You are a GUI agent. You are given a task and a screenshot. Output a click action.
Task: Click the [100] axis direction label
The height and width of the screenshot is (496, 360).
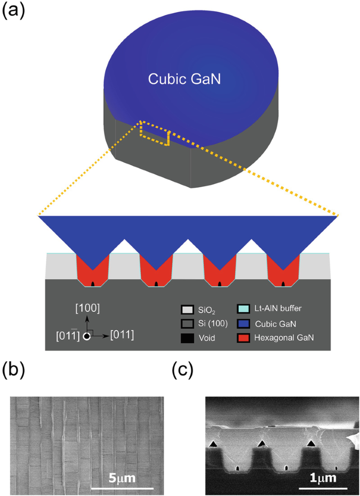(88, 308)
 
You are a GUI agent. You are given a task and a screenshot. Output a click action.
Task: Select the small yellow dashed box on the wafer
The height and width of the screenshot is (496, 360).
(155, 134)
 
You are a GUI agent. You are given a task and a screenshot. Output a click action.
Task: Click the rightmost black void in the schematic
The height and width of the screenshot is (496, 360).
(284, 285)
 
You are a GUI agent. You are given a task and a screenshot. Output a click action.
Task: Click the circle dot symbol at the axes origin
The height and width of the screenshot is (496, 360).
(87, 335)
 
